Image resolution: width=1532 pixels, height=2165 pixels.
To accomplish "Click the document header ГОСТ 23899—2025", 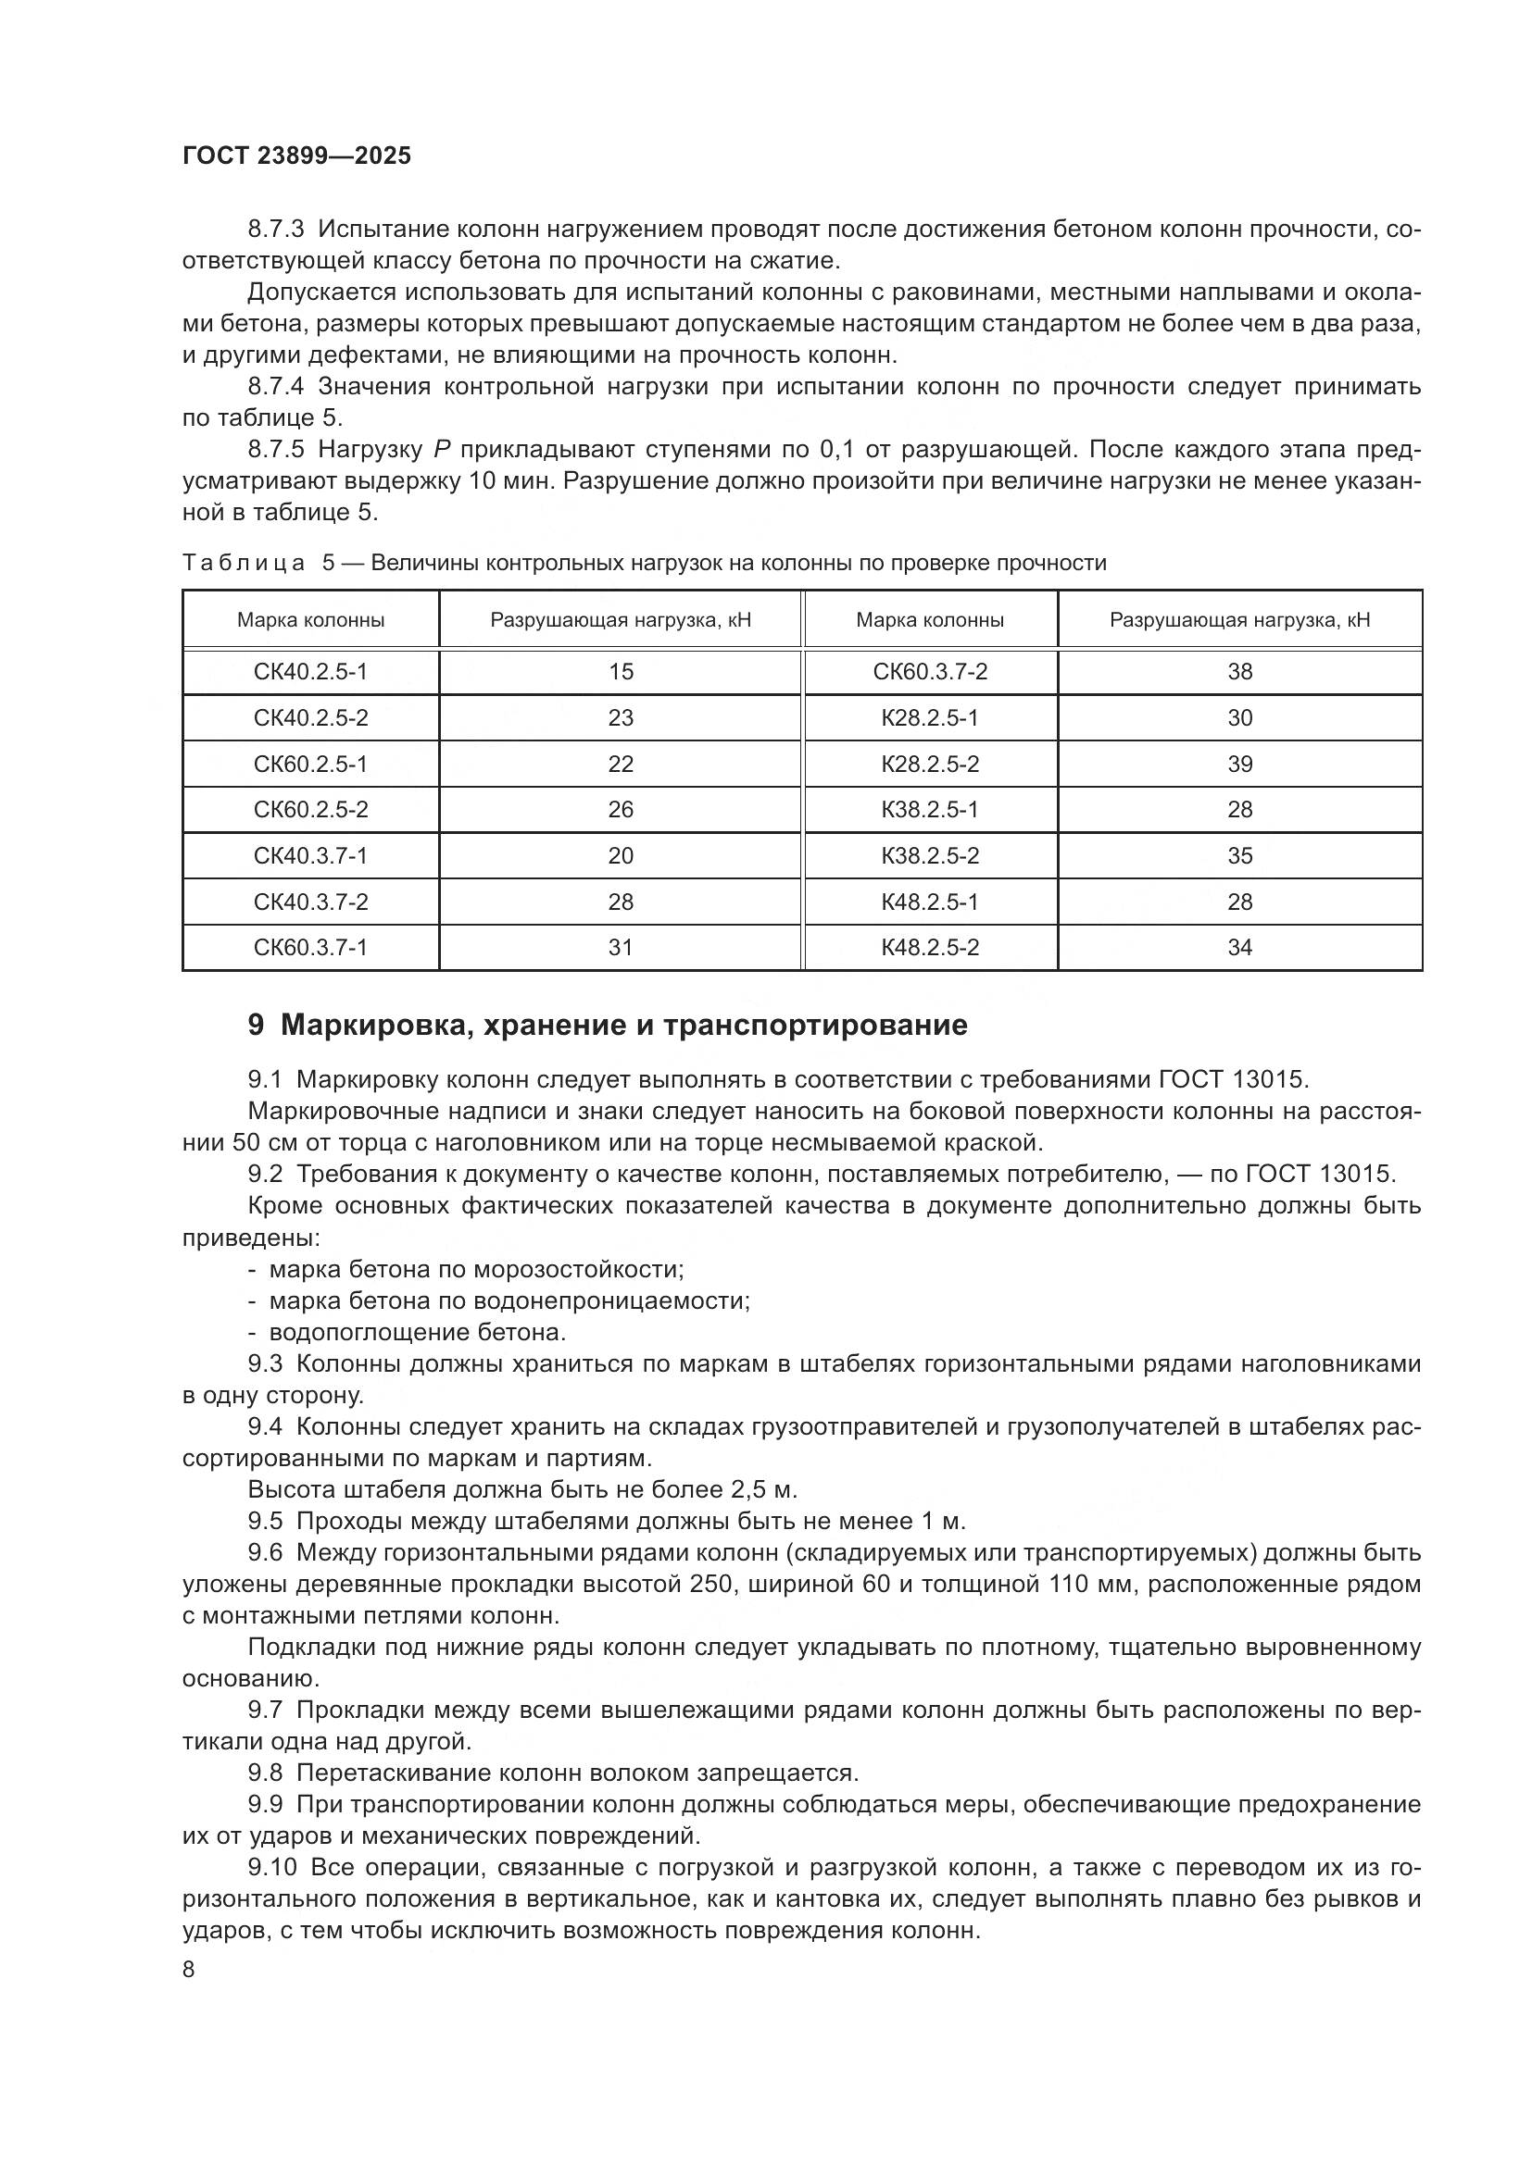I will click(x=296, y=156).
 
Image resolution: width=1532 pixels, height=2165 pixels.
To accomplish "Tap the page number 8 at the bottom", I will click(x=189, y=1969).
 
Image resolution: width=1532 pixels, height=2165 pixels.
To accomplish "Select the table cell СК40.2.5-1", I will click(x=310, y=671).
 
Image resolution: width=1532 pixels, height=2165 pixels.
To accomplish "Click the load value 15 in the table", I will click(x=620, y=671).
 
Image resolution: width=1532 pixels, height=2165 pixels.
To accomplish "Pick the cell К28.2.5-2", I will click(x=929, y=764).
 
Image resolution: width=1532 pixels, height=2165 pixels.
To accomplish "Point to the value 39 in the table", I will click(x=1238, y=764).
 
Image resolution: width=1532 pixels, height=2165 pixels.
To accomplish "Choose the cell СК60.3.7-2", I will click(x=929, y=671).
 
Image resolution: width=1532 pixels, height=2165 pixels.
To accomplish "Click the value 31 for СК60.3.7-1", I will click(x=620, y=947).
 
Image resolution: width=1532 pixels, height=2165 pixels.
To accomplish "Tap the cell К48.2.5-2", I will click(x=929, y=947).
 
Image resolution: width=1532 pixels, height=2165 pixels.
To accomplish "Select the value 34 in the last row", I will click(x=1238, y=947).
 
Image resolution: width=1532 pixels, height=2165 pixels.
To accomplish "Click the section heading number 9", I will click(x=256, y=1025).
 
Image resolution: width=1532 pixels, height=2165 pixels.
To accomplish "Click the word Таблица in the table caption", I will click(x=244, y=563).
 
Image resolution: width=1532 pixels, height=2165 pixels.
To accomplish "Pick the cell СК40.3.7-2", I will click(x=310, y=902).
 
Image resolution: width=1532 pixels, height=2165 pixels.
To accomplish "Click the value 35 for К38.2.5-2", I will click(x=1238, y=855).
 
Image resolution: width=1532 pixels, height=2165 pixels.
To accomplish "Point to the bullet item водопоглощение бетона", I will click(x=417, y=1332).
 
